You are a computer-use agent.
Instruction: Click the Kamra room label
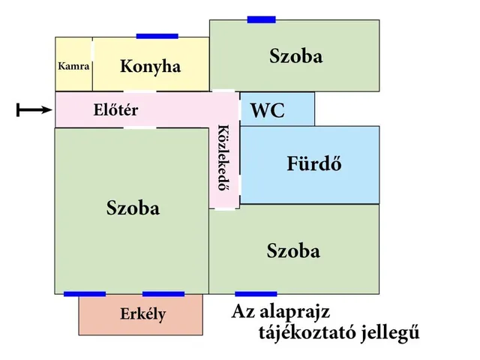click(73, 66)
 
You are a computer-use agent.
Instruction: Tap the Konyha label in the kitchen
click(150, 67)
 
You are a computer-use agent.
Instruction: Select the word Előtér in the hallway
click(115, 109)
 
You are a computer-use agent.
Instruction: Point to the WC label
click(268, 110)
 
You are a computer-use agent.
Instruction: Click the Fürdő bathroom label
click(314, 163)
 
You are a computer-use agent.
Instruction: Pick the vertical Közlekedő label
click(224, 157)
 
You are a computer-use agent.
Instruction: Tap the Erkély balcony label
click(143, 314)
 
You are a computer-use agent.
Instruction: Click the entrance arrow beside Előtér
click(34, 109)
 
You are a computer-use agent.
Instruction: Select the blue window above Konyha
click(157, 36)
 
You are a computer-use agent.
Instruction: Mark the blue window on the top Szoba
click(262, 19)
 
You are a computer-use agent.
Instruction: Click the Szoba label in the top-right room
click(296, 56)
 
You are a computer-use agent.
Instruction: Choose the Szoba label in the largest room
click(133, 208)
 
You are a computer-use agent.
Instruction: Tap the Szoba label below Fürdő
click(293, 250)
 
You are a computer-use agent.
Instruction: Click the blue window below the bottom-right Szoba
click(256, 294)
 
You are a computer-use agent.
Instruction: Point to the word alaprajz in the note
click(295, 313)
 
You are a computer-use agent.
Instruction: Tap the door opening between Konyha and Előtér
click(140, 91)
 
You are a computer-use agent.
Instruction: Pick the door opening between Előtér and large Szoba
click(140, 127)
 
